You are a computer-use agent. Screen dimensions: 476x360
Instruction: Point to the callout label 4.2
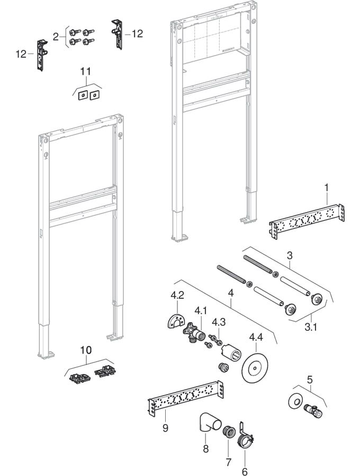(x=176, y=295)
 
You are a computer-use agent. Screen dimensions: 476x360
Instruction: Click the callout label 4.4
(x=256, y=336)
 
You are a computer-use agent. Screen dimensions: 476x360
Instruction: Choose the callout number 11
(x=86, y=70)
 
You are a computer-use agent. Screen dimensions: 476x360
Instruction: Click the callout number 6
(x=245, y=471)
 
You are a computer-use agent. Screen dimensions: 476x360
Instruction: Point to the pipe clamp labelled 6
(x=245, y=437)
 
